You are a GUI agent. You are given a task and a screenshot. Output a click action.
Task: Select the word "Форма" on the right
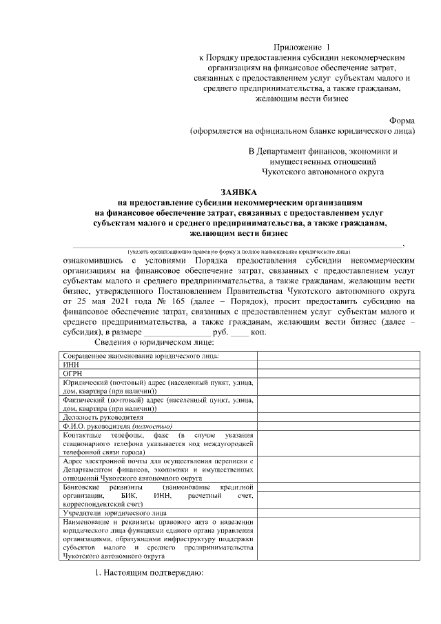point(402,119)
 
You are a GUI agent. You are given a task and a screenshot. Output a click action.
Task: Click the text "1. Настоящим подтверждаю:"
point(149,572)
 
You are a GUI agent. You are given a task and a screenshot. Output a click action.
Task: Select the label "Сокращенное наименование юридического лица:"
point(141,356)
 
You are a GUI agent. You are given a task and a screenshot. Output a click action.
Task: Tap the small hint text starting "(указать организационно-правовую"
point(234,252)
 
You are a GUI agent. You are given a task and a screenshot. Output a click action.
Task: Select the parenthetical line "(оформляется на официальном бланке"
point(303,130)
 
